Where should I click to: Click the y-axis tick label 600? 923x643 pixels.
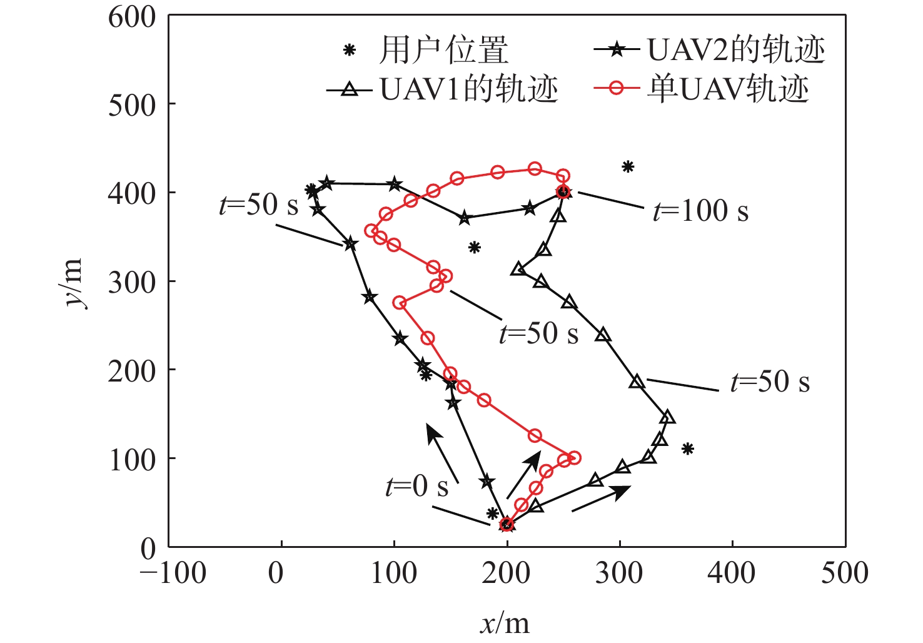click(x=132, y=17)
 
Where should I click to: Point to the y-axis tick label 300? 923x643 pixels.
click(x=132, y=282)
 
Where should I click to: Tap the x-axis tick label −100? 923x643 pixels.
click(x=173, y=573)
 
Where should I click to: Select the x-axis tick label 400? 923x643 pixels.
click(x=732, y=573)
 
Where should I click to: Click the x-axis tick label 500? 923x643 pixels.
click(x=844, y=573)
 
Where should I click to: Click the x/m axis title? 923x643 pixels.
click(x=505, y=623)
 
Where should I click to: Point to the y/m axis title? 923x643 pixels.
click(x=74, y=283)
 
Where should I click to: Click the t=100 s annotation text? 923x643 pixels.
click(x=700, y=211)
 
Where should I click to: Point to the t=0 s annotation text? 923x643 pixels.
click(x=417, y=486)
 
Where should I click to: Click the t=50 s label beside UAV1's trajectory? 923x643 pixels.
click(x=770, y=382)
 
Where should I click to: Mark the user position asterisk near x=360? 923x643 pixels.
click(x=688, y=448)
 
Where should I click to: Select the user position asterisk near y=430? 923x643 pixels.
click(x=628, y=166)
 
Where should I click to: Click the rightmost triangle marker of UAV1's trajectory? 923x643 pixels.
click(x=667, y=417)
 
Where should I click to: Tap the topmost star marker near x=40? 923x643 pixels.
click(x=326, y=183)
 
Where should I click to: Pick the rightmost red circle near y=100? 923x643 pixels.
click(x=574, y=458)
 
